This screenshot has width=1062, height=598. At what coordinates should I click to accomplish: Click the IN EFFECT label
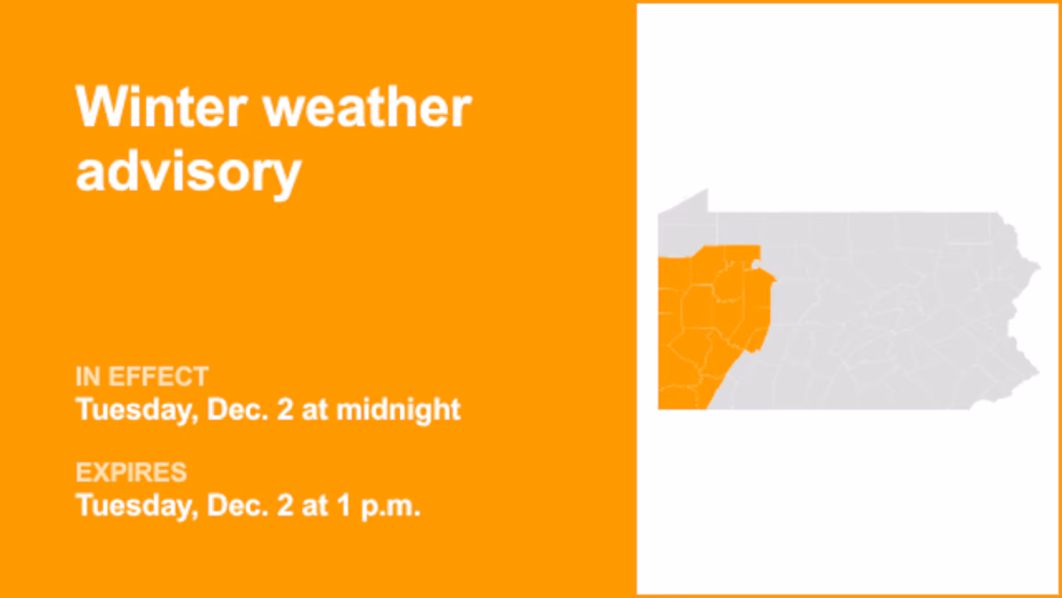click(142, 377)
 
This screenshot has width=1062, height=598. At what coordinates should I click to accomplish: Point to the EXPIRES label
click(131, 473)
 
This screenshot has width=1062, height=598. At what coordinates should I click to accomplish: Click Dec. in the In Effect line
click(239, 409)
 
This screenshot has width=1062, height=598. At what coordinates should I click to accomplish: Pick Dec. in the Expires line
click(239, 505)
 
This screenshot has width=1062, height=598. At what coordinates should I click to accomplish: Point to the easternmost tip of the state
click(1038, 267)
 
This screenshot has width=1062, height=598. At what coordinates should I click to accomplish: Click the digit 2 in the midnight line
click(285, 409)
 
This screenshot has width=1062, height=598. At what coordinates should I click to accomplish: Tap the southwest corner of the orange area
click(662, 405)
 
